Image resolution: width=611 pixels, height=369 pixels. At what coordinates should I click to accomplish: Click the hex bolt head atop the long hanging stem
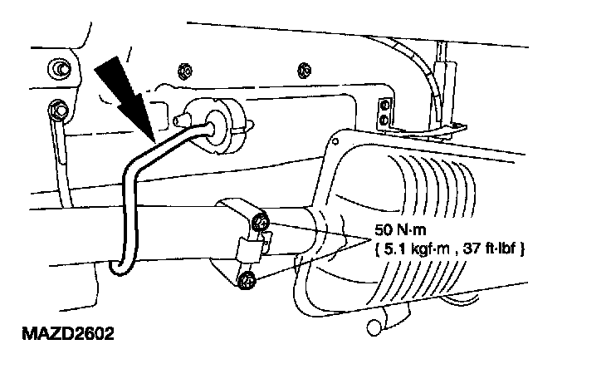(57, 109)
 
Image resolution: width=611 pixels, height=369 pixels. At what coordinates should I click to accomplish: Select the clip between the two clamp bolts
(254, 247)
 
